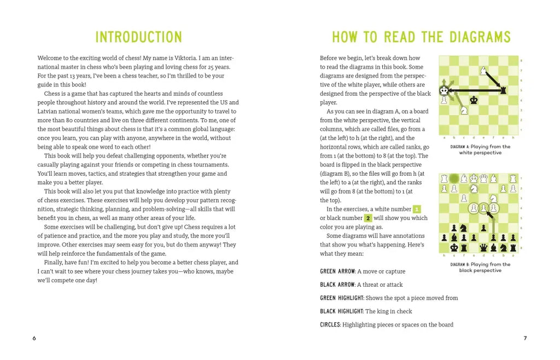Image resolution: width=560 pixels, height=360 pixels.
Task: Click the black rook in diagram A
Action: pos(503,90)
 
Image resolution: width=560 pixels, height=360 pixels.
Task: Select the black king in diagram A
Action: pos(474,100)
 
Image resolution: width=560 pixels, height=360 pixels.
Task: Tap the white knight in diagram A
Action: pos(464,110)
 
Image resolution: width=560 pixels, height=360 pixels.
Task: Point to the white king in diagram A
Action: pos(444,90)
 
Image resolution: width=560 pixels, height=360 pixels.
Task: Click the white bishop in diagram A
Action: pos(483,71)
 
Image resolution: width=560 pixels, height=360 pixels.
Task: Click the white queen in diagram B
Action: pos(483,178)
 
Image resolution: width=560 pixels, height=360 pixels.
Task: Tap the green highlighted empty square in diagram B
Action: pos(454,178)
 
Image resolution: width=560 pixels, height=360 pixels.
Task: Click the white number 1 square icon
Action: pos(417,209)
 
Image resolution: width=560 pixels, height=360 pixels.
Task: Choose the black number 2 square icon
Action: pos(368,218)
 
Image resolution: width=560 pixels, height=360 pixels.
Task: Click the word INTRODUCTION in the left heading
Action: pos(138,37)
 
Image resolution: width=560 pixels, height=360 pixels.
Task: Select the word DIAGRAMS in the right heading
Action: pos(480,37)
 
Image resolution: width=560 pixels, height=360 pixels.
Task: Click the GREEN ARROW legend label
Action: pos(337,271)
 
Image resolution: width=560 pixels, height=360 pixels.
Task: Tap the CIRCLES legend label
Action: pos(330,324)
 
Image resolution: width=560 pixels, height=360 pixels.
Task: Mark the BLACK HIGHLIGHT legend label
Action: pos(341,311)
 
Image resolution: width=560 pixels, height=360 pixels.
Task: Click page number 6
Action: pos(34,338)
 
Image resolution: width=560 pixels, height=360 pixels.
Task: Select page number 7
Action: pos(525,338)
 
